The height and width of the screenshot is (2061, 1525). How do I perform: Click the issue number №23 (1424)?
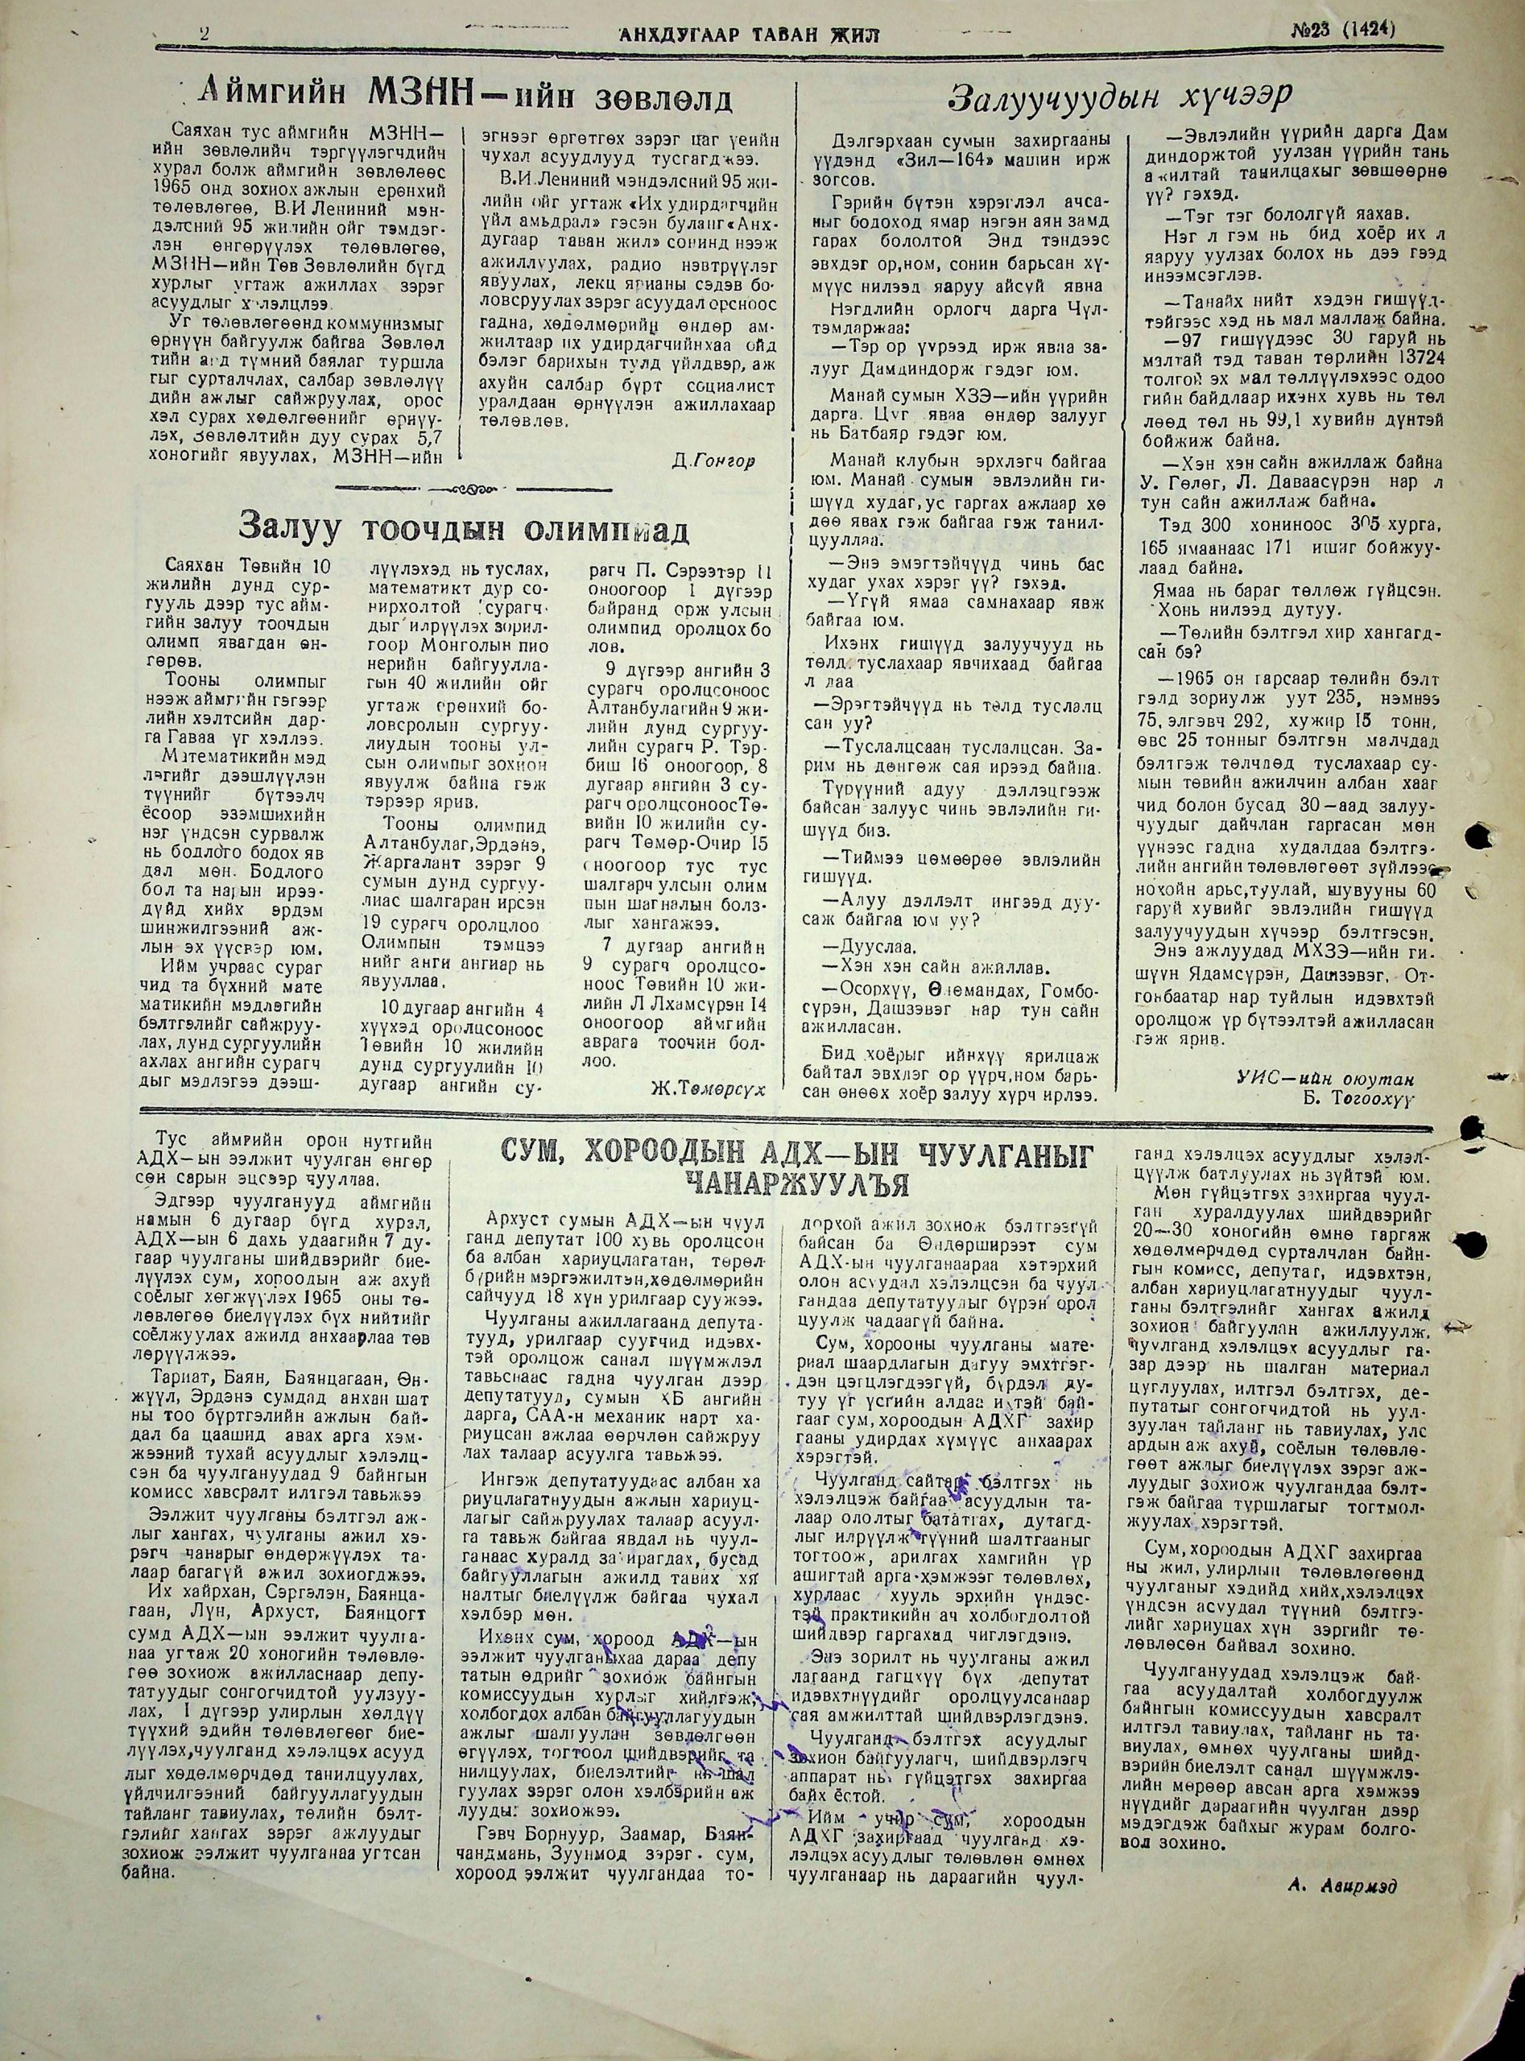pyautogui.click(x=1342, y=31)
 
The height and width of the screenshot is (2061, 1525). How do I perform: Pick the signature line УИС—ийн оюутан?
pyautogui.click(x=1325, y=1077)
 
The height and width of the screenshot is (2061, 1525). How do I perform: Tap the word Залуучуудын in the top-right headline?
pyautogui.click(x=1044, y=96)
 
